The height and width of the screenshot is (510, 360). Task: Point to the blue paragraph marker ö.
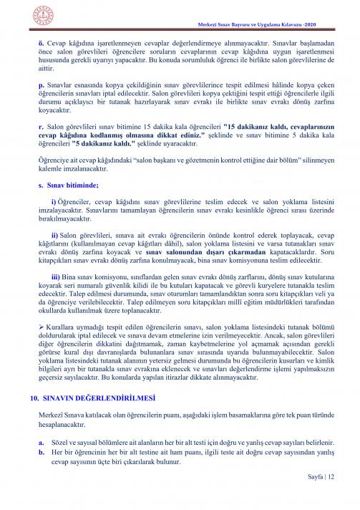[41, 43]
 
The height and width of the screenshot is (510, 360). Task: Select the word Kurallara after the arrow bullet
[62, 335]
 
